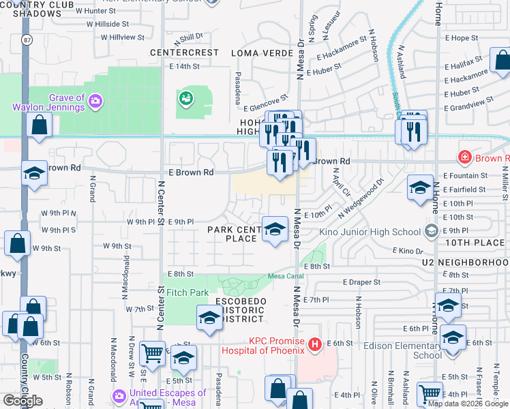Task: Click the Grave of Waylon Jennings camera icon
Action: (x=95, y=102)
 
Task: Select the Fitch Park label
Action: (x=187, y=292)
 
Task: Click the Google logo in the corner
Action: (x=22, y=400)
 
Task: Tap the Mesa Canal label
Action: (x=285, y=276)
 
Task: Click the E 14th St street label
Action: (x=184, y=66)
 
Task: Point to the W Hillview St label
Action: (x=122, y=37)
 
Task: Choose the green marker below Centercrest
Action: (x=185, y=99)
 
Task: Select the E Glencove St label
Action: (x=266, y=107)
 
